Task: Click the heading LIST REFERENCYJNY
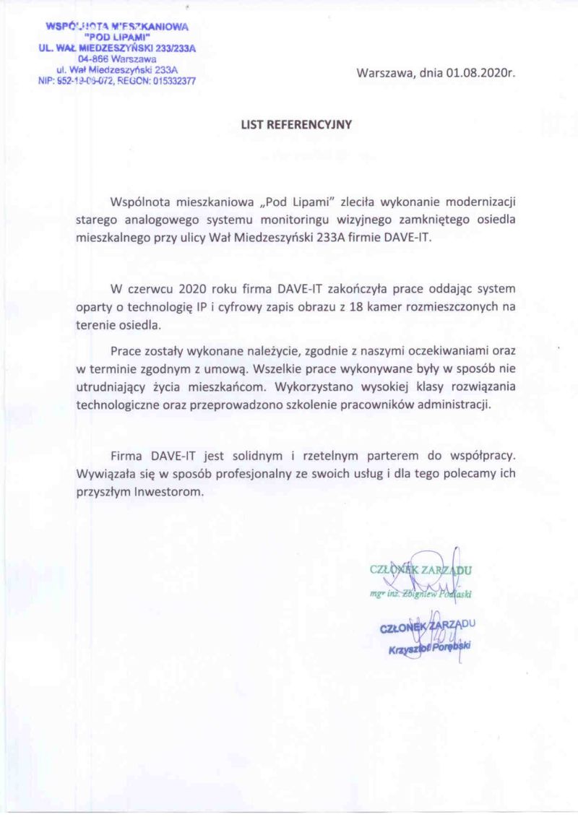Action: (296, 124)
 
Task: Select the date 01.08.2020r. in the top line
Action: (480, 73)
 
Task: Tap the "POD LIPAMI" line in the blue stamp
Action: (117, 37)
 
